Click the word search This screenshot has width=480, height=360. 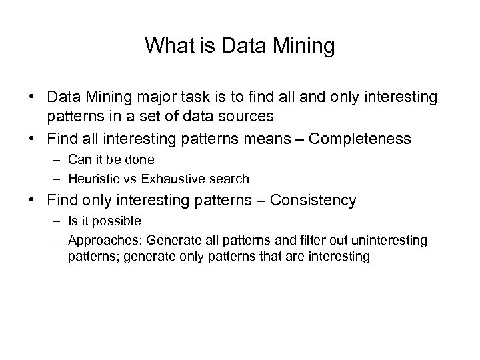[231, 179]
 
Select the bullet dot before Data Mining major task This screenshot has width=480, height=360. [32, 97]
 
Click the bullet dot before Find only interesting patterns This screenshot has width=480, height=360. [32, 200]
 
